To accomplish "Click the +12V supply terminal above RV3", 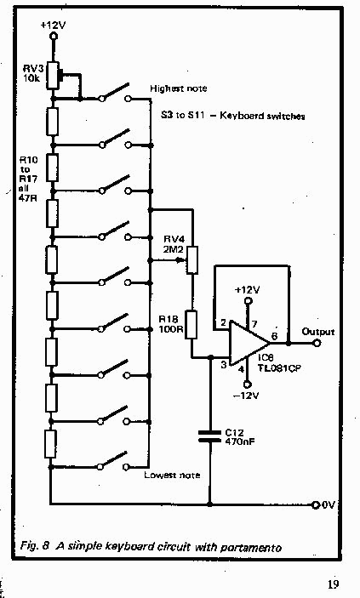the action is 54,36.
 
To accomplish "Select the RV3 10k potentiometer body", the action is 53,75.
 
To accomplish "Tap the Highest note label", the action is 178,88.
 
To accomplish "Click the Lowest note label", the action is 172,476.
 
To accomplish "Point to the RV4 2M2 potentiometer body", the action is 192,260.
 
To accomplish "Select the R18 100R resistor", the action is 191,325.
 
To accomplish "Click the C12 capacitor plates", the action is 209,436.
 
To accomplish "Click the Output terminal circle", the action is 317,343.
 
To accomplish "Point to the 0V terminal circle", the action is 316,505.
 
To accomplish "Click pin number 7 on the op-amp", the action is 254,324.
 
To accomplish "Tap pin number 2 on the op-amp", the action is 224,323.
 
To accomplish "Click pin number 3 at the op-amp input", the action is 224,365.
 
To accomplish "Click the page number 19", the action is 333,584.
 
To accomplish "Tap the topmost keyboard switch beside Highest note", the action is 115,93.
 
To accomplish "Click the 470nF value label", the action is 240,441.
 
